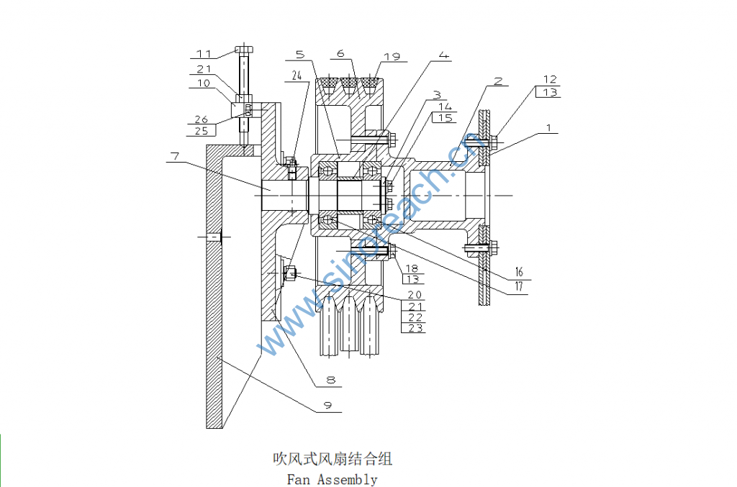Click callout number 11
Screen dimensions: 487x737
coord(205,53)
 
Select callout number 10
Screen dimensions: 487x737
coord(204,83)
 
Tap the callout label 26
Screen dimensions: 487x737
coord(202,119)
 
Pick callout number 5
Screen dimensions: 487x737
coord(299,53)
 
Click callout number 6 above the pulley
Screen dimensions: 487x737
coord(340,53)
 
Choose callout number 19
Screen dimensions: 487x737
coord(392,56)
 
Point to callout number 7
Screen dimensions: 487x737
coord(174,155)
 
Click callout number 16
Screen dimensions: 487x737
coord(518,273)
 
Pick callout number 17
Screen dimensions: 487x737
coord(518,287)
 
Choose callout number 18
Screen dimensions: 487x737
coord(412,268)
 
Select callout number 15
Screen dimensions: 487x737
coord(447,117)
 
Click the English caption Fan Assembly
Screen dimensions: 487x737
coord(332,478)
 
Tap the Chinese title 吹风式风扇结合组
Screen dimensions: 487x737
coord(332,458)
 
